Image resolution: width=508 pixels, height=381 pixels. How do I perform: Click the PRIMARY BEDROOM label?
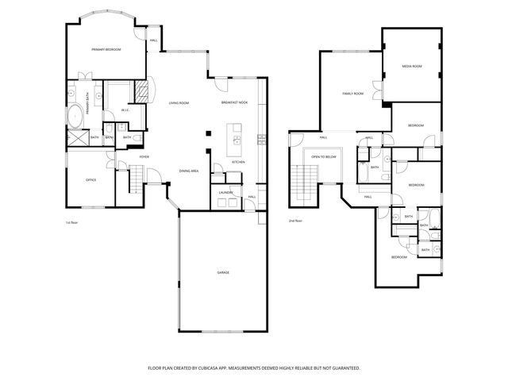106,49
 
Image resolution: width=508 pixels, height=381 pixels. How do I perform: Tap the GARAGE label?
223,272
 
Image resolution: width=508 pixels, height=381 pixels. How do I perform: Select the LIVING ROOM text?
179,103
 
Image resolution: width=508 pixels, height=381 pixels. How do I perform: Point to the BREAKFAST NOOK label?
234,103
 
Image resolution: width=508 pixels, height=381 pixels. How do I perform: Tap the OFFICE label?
91,180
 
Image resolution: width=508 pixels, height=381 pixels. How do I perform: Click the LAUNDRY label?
225,191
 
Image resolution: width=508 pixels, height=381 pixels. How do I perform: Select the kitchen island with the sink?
235,140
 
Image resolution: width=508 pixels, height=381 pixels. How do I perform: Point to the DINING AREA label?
188,171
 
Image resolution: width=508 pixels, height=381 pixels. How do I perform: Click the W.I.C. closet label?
125,110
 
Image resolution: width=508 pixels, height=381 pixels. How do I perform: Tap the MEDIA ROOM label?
411,67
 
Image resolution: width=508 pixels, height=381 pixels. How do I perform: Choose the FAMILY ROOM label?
352,94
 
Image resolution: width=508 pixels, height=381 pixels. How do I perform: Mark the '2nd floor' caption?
294,220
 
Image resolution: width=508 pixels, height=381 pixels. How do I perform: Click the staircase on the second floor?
302,184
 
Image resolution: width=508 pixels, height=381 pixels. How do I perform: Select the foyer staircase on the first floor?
133,183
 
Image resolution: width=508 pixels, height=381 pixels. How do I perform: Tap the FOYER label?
144,156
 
